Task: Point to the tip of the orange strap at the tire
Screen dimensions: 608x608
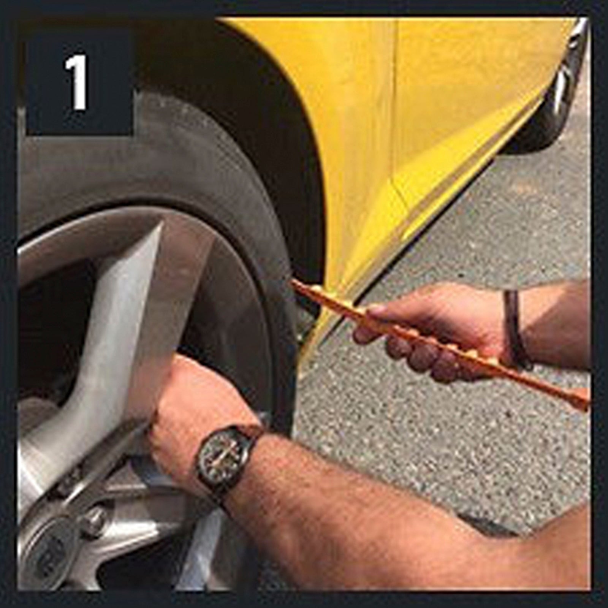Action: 294,282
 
